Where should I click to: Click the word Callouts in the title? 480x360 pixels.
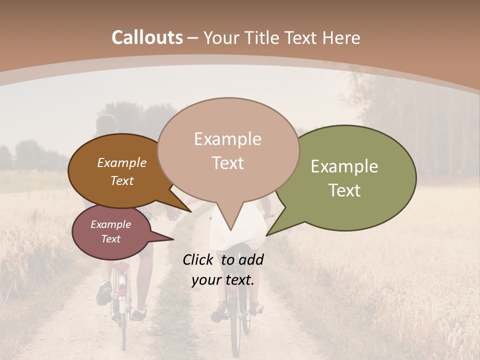(x=147, y=37)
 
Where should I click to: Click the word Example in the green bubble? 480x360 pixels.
(x=344, y=166)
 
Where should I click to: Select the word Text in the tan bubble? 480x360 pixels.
(x=228, y=163)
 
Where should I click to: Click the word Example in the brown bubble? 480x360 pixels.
(x=121, y=163)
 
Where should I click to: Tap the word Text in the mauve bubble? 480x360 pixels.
(x=110, y=239)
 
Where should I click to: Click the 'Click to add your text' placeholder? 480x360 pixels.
(x=223, y=270)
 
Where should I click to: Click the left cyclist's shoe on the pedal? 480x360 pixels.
(x=104, y=293)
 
